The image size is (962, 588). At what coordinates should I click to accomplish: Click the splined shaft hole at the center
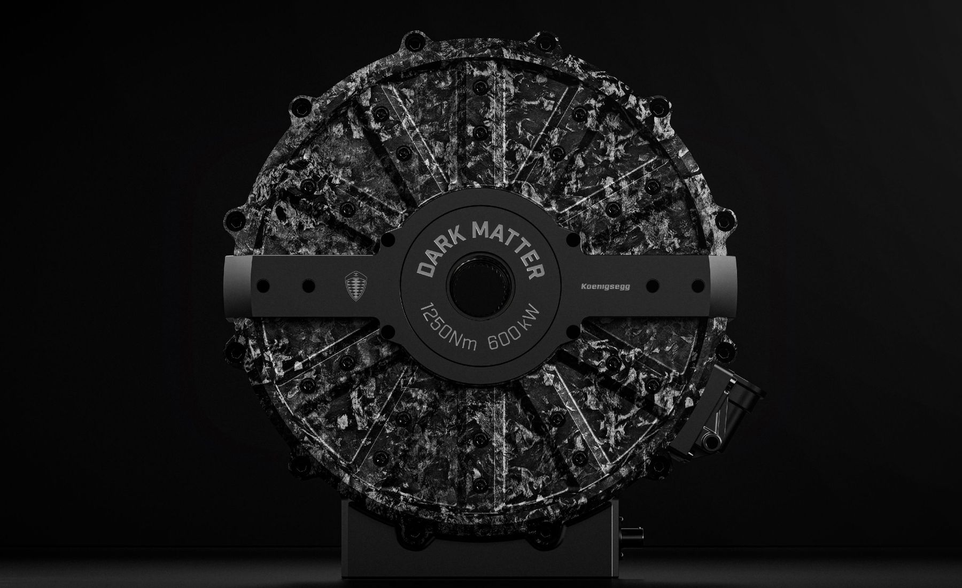point(480,287)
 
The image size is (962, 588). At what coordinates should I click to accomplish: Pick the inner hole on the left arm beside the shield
point(308,286)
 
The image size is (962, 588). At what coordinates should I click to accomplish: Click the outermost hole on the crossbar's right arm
point(698,286)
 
